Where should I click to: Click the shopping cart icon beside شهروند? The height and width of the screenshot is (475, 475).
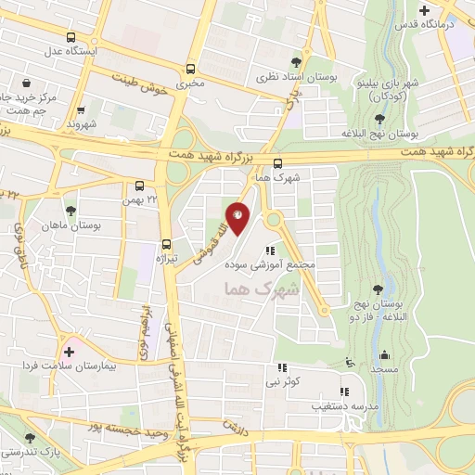click(x=81, y=109)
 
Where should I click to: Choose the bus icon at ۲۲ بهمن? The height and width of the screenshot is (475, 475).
click(x=139, y=185)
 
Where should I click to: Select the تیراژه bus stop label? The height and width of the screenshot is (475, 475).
click(x=165, y=257)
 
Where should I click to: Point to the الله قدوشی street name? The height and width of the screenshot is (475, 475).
click(x=212, y=239)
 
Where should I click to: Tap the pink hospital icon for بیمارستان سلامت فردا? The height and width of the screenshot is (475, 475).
click(x=69, y=352)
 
